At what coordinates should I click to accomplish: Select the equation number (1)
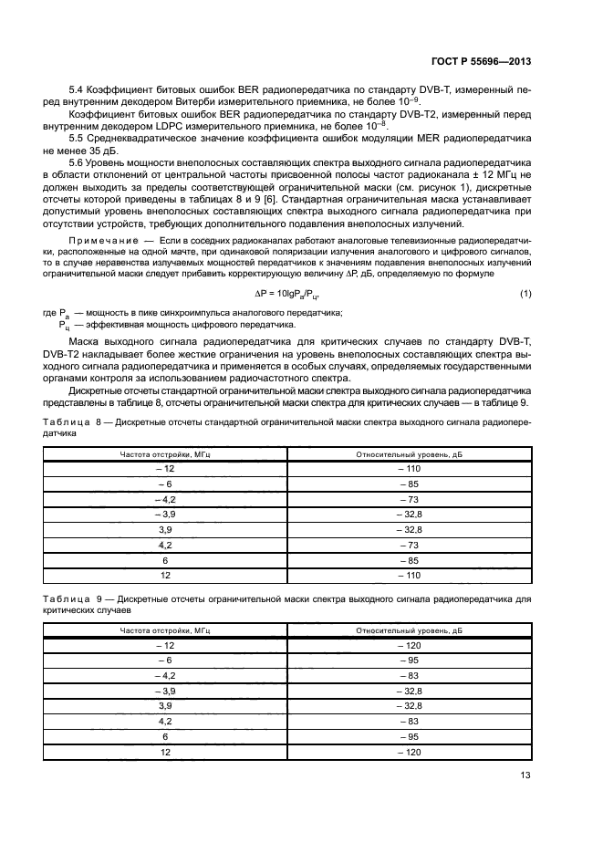tap(525, 292)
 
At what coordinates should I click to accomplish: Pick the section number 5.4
tap(78, 90)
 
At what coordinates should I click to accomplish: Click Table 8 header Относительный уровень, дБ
tap(410, 453)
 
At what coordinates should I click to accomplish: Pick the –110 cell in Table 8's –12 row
tap(410, 469)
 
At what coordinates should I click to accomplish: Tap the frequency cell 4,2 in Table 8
tap(165, 544)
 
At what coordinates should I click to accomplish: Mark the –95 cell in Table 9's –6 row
tap(410, 660)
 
